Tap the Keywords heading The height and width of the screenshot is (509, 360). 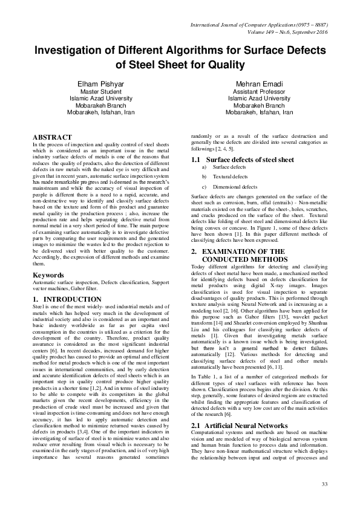pos(49,275)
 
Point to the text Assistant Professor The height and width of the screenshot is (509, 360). pos(259,91)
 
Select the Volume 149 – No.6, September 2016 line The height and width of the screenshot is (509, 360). pos(284,33)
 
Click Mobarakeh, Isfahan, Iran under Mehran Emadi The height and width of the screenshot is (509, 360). pos(259,112)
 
